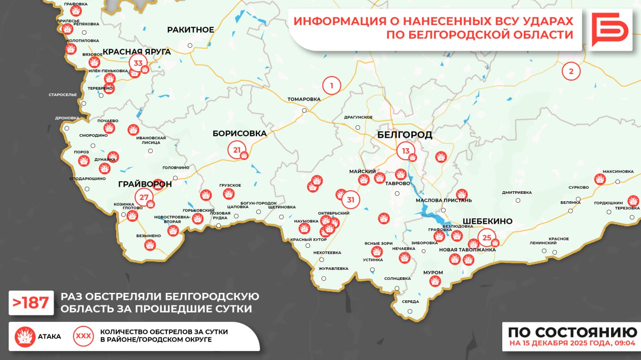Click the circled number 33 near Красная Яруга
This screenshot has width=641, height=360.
(x=138, y=63)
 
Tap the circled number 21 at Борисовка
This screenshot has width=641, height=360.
(x=237, y=150)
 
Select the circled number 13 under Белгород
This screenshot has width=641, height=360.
(x=405, y=151)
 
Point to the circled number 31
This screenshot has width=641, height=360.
(x=351, y=200)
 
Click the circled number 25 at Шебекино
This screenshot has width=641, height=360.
(x=487, y=237)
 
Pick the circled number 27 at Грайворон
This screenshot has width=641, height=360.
(x=144, y=197)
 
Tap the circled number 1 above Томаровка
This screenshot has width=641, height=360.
(x=331, y=86)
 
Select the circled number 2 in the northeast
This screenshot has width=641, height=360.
(x=571, y=71)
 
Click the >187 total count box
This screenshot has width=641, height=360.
(x=31, y=303)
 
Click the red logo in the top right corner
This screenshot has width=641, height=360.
(x=609, y=30)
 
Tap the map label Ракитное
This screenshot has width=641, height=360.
(x=190, y=30)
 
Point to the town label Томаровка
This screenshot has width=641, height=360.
(x=303, y=99)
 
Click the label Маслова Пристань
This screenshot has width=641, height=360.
(x=444, y=200)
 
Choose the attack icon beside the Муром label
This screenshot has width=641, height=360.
(x=435, y=281)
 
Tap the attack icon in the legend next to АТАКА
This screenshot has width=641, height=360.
(x=25, y=336)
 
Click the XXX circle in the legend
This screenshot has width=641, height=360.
(x=83, y=336)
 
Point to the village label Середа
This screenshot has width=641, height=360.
(x=410, y=301)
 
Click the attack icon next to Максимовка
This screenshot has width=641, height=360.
(x=599, y=179)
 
